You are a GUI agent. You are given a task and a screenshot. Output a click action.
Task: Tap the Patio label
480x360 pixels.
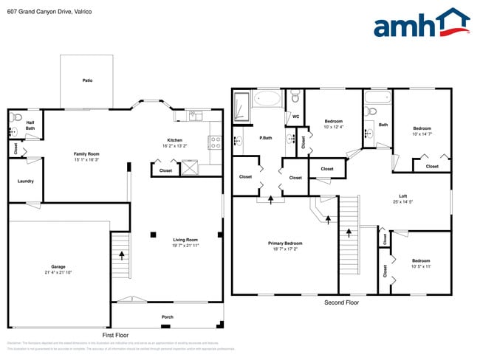[x=87, y=80]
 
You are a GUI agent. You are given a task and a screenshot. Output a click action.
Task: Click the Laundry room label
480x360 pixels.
[x=25, y=181]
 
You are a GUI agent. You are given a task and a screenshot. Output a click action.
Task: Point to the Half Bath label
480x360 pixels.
[x=30, y=125]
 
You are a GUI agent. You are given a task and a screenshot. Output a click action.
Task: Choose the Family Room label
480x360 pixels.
[x=86, y=153]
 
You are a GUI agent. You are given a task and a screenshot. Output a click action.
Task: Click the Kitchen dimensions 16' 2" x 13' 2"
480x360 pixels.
[x=174, y=146]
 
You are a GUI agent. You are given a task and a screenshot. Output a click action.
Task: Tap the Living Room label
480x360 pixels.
[x=185, y=240]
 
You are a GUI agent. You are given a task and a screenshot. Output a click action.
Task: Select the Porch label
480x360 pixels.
[x=168, y=317]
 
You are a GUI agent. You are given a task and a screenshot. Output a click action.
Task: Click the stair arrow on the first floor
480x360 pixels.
[x=121, y=255]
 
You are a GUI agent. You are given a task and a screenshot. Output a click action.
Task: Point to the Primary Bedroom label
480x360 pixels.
[x=284, y=243]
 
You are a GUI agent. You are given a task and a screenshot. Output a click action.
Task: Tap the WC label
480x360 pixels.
[x=295, y=117]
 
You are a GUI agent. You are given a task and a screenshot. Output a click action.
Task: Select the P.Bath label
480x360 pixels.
[x=266, y=138]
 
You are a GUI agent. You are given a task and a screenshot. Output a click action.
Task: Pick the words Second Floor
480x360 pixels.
[x=342, y=302]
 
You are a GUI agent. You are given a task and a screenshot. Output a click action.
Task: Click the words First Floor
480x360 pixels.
[x=115, y=335]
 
